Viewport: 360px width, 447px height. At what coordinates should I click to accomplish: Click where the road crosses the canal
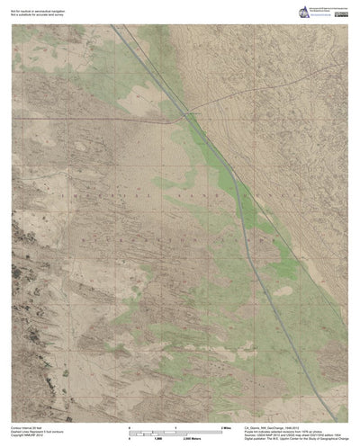click(184, 115)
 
